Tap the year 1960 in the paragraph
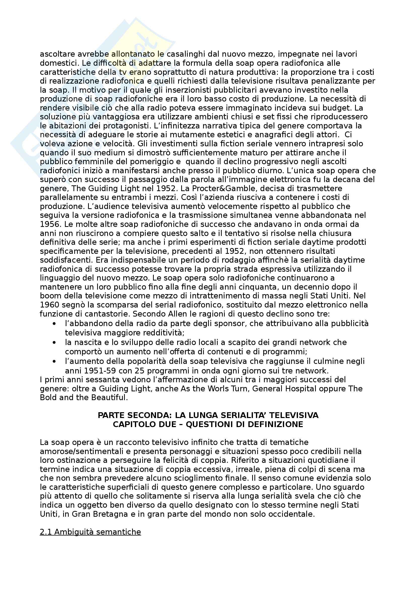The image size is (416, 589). pos(50,305)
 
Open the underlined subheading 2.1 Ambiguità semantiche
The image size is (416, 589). pos(90,532)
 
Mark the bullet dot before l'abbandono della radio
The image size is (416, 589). pos(54,324)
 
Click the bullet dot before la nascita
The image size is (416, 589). pos(54,342)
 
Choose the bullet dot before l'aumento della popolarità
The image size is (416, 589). pos(54,361)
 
